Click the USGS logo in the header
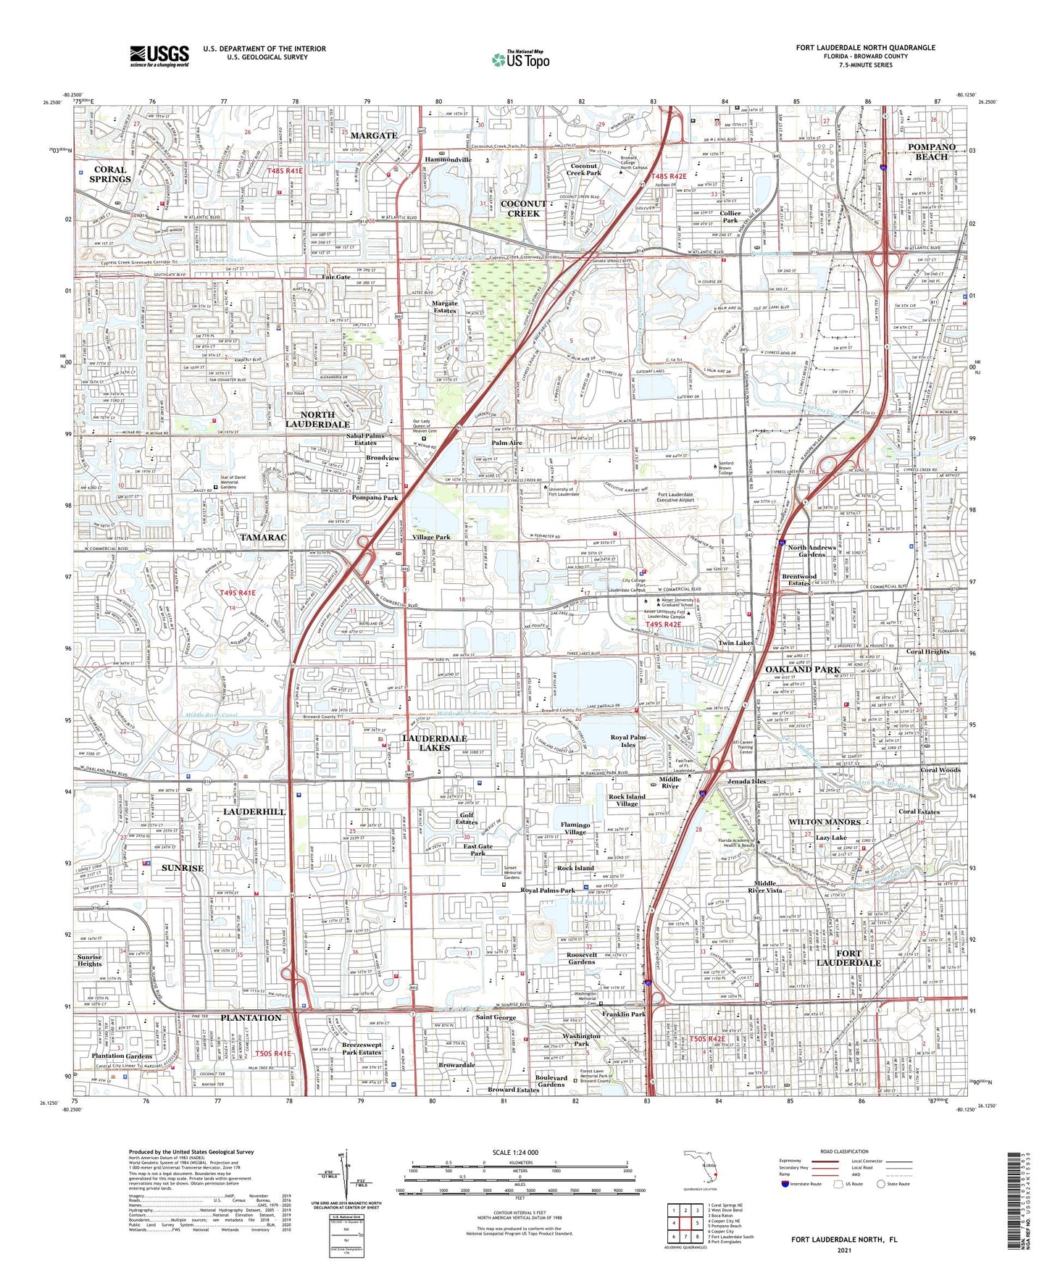tap(159, 56)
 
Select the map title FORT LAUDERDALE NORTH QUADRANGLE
tap(865, 48)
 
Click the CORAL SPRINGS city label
tap(110, 175)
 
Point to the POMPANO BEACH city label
tap(931, 151)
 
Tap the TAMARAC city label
tap(264, 537)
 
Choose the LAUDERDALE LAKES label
tap(435, 743)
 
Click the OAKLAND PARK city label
tap(802, 669)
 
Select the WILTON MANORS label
tap(824, 822)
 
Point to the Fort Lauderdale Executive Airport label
tap(675, 498)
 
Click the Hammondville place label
tap(448, 160)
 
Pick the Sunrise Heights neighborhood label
tap(90, 961)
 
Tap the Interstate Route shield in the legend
tap(786, 1184)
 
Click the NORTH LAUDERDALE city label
tap(317, 419)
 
